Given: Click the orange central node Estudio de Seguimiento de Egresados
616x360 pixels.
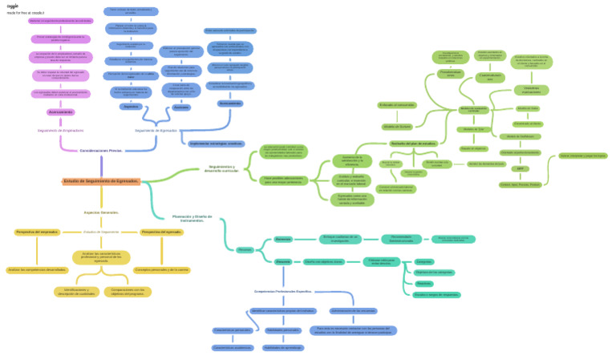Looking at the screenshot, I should click(101, 181).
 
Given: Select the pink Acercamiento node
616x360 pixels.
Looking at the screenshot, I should click(61, 112).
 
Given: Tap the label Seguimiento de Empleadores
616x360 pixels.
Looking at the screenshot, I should click(61, 130).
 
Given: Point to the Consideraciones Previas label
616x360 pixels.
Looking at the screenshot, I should click(101, 151).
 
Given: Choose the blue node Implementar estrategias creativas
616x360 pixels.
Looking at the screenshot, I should click(215, 144).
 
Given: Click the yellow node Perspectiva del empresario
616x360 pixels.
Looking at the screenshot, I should click(37, 232).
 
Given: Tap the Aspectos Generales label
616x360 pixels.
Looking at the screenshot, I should click(101, 212).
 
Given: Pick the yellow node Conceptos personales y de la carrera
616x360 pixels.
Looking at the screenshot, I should click(162, 269).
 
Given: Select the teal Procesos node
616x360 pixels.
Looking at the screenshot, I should click(246, 250).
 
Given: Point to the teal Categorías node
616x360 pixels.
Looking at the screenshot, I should click(424, 261).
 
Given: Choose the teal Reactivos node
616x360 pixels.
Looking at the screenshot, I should click(424, 283).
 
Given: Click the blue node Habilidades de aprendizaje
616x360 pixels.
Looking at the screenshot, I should click(282, 347).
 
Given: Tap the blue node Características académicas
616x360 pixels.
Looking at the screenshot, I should click(233, 347).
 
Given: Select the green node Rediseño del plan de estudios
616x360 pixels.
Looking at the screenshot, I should click(413, 144).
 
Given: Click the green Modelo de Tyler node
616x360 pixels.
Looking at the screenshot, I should click(472, 128).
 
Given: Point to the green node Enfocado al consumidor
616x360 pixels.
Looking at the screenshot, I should click(397, 104).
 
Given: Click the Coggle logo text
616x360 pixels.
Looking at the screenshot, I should click(12, 6).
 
